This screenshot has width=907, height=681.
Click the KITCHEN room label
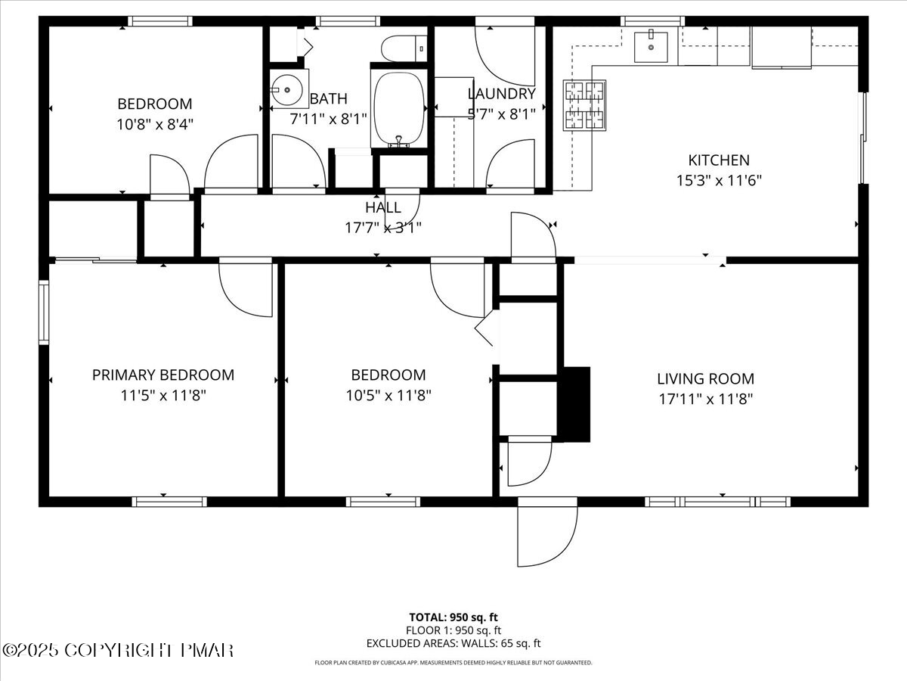(x=718, y=160)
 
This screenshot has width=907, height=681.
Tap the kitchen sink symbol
(x=649, y=47)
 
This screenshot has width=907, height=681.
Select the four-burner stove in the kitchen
(x=584, y=105)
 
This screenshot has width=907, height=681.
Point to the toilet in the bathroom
(x=401, y=48)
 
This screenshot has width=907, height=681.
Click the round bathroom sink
(x=288, y=89)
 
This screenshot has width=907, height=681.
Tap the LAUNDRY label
(x=501, y=94)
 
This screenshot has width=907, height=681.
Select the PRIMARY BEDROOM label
(x=163, y=375)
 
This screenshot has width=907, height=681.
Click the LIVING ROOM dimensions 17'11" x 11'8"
(x=704, y=399)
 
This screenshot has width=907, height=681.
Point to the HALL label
(x=383, y=208)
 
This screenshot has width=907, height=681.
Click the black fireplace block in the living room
(x=574, y=403)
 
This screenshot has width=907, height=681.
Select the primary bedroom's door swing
(x=246, y=289)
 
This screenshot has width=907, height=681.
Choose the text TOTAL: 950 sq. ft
(x=453, y=617)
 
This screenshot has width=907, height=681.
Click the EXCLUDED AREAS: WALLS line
(x=453, y=644)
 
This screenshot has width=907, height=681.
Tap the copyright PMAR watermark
(x=118, y=650)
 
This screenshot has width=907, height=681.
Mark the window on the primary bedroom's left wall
(x=44, y=312)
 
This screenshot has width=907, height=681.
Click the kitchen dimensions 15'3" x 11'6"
(x=718, y=181)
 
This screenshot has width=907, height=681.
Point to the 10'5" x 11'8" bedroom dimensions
(x=388, y=395)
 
